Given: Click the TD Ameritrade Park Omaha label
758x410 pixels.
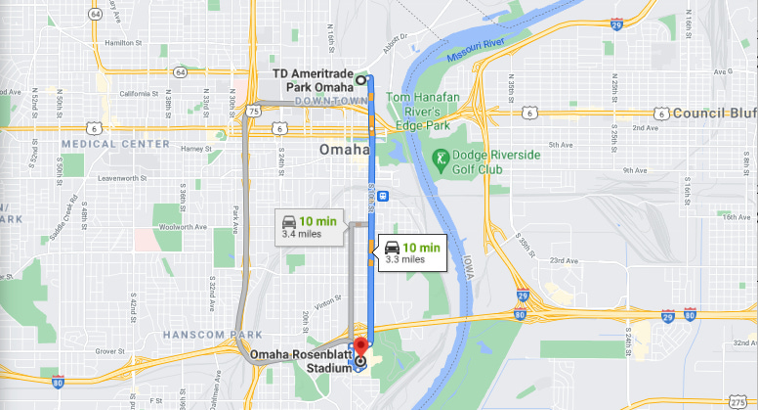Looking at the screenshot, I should [312, 81].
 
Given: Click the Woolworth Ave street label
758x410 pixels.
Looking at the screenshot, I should [187, 226].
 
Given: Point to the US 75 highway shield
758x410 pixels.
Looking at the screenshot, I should [253, 112].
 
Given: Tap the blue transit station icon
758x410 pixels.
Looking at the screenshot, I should [381, 195].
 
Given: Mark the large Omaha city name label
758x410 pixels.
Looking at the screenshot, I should [344, 150].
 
